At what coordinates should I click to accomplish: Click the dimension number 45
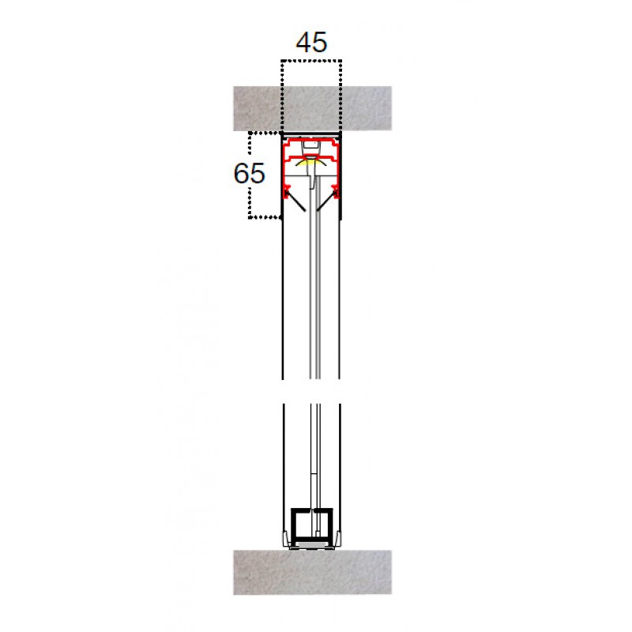[310, 42]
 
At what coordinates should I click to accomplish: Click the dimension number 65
[250, 173]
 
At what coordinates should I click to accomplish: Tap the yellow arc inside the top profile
[312, 163]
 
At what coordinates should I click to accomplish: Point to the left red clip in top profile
[288, 190]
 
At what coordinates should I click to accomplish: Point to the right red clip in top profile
[337, 190]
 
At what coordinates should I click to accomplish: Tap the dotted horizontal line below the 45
[311, 60]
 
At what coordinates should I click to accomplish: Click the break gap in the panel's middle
[311, 392]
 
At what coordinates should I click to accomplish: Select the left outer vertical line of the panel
[283, 300]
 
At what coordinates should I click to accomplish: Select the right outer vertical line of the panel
[340, 300]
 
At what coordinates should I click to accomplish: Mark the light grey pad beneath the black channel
[311, 546]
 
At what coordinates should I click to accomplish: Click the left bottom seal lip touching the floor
[285, 540]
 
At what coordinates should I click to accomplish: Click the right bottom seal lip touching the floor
[338, 540]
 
